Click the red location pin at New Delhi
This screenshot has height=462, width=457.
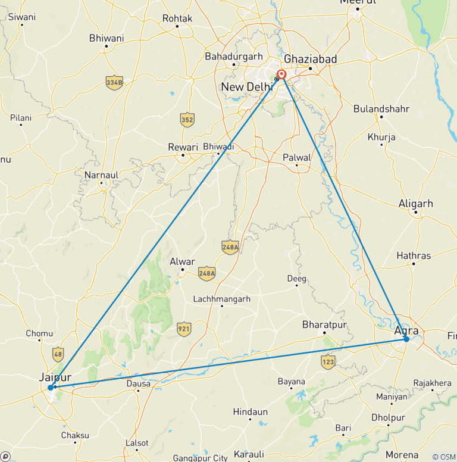(x=281, y=75)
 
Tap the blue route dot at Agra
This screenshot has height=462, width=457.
(x=406, y=339)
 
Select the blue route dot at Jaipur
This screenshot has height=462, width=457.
(x=51, y=388)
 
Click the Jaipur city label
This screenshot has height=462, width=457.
(x=55, y=377)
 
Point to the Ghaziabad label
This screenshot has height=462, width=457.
(x=311, y=59)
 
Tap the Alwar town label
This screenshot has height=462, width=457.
(x=182, y=261)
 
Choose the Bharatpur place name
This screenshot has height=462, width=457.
(x=324, y=324)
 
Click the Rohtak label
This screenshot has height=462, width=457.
(x=177, y=18)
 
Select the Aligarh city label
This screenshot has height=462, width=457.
(x=416, y=204)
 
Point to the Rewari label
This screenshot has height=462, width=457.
(x=182, y=147)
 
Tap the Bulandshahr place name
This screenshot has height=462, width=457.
(x=381, y=109)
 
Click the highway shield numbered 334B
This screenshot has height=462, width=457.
(x=114, y=82)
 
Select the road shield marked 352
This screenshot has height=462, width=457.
(x=187, y=119)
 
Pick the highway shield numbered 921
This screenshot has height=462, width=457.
(x=184, y=328)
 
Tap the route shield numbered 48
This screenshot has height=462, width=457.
(x=58, y=354)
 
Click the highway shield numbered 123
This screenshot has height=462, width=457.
(x=328, y=360)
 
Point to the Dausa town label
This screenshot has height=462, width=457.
(x=138, y=384)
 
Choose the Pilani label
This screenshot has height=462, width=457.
(x=21, y=118)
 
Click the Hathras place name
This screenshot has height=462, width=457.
(x=414, y=256)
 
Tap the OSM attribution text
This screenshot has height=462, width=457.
(x=443, y=456)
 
